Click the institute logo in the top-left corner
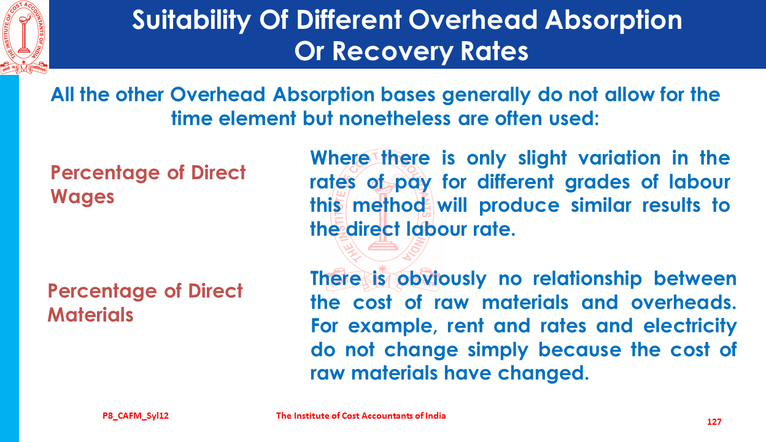[24, 37]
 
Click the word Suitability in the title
[192, 20]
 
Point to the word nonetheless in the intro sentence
[395, 118]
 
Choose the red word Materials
[90, 315]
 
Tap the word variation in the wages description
[619, 158]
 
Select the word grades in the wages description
[597, 182]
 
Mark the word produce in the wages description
[519, 206]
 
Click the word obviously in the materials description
[441, 279]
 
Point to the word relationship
[587, 279]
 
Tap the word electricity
[690, 327]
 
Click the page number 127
[714, 422]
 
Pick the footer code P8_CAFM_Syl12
[136, 416]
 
